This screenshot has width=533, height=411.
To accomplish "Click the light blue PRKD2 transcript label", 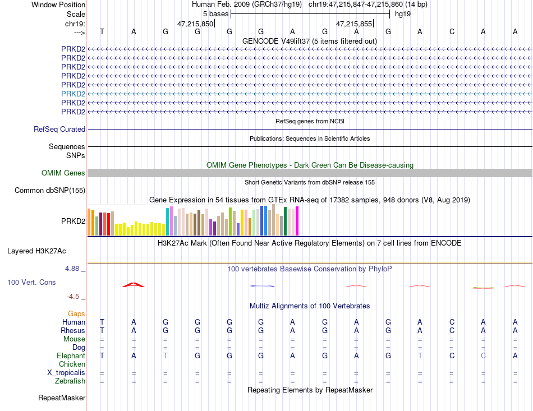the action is click(73, 94).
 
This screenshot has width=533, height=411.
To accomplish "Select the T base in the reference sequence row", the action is click(102, 31).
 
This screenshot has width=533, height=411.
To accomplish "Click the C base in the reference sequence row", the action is click(452, 31).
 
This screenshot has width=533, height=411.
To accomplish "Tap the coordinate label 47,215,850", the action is click(195, 24).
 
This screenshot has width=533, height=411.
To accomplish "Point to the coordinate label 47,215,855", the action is click(354, 24).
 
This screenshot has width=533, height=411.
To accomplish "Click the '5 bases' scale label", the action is click(216, 14).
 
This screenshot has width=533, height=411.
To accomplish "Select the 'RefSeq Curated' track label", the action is click(59, 129).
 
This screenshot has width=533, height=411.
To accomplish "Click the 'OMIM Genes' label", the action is click(63, 173).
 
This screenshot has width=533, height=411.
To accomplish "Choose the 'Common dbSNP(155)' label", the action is click(50, 190).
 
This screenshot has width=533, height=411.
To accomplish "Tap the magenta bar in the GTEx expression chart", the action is click(297, 221).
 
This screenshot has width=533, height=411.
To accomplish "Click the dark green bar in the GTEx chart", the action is click(285, 221).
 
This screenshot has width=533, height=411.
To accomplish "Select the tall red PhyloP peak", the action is click(134, 285).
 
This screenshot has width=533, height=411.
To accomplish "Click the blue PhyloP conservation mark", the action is click(263, 286).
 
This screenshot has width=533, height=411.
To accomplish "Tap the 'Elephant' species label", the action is click(71, 355).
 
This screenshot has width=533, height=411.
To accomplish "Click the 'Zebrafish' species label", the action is click(70, 381).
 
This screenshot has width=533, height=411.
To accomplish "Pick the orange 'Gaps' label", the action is click(76, 314).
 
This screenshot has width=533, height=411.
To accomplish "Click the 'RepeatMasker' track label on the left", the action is click(62, 398).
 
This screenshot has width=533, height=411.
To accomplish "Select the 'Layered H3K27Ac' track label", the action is click(36, 251).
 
